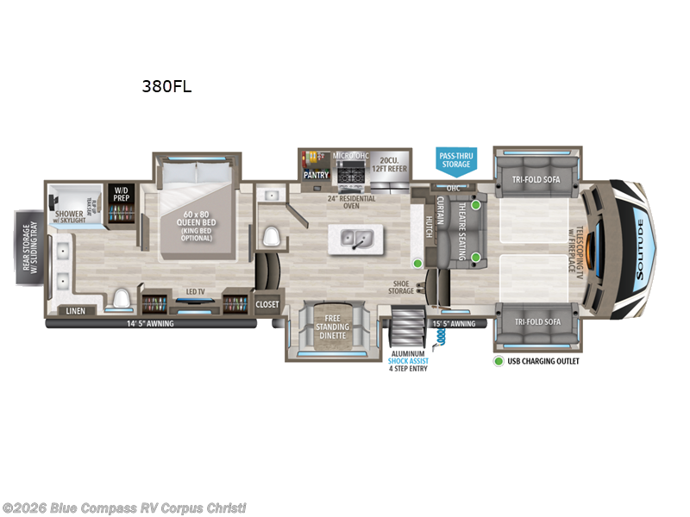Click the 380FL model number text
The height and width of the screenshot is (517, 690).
point(166,86)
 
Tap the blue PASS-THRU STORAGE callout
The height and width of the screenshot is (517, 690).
point(456,159)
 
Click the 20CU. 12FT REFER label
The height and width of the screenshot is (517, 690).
point(388,164)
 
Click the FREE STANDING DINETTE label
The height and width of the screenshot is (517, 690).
point(332,327)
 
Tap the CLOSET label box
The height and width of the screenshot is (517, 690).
point(267,304)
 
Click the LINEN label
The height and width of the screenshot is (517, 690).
point(74,310)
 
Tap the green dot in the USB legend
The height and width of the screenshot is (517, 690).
point(499,360)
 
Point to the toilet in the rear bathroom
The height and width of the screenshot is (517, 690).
point(121,299)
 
